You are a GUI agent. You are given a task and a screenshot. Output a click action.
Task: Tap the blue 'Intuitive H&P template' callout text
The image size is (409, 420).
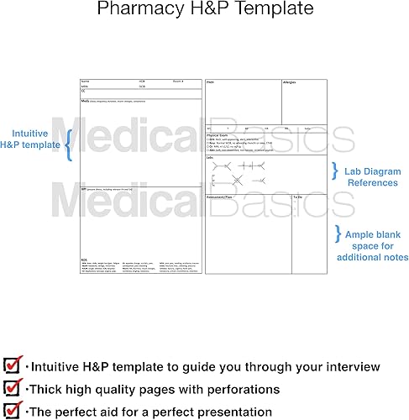[x=35, y=139]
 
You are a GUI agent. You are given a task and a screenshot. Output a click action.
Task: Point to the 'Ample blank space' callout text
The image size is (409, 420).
[x=371, y=239]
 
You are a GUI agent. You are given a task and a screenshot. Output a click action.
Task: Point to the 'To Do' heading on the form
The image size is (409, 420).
[x=296, y=197]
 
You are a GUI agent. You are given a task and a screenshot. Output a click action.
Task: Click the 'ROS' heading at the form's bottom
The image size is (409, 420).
[x=83, y=258]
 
